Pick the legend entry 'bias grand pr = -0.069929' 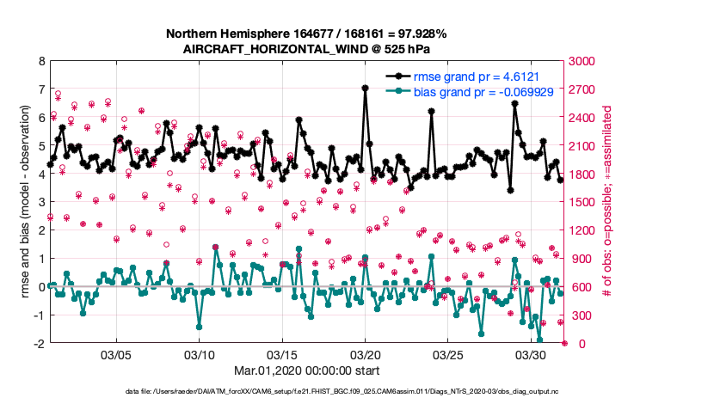pyautogui.click(x=483, y=91)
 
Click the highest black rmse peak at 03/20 pyautogui.click(x=366, y=88)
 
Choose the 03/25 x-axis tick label pyautogui.click(x=448, y=354)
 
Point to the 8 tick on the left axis pyautogui.click(x=40, y=62)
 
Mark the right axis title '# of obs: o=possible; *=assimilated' pyautogui.click(x=609, y=203)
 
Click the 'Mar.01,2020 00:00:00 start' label pyautogui.click(x=306, y=370)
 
